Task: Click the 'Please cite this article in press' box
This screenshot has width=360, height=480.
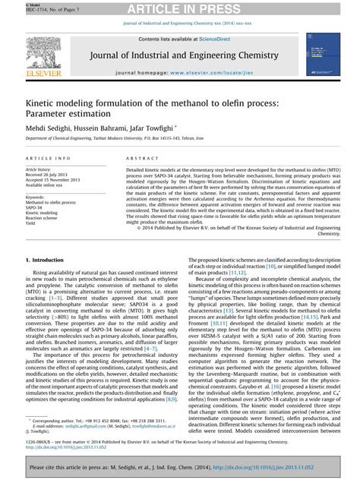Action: [180, 469]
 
